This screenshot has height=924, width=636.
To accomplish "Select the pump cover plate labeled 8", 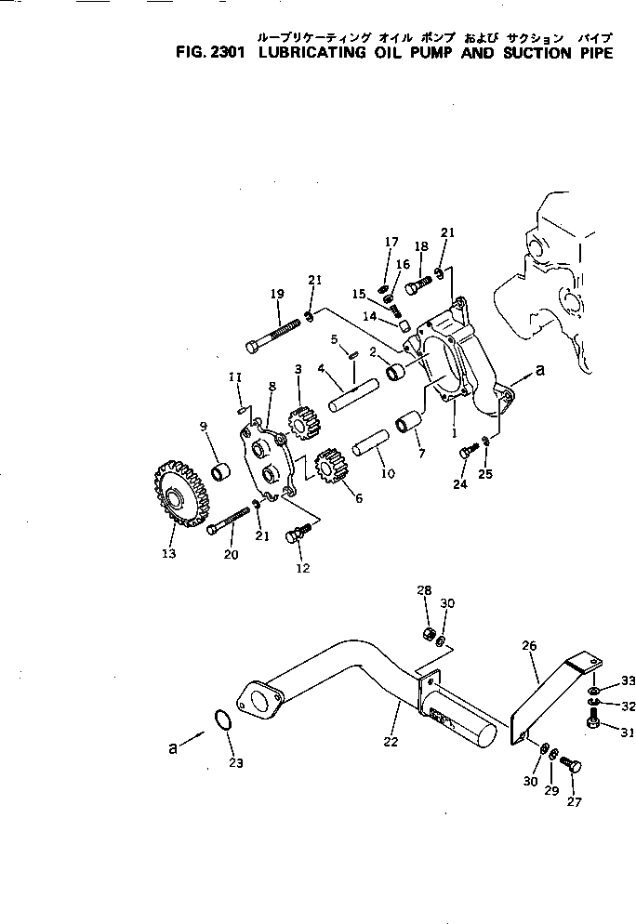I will [268, 463].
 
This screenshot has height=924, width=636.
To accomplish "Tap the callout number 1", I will [454, 433].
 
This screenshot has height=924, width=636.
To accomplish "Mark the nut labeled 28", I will [430, 634].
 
